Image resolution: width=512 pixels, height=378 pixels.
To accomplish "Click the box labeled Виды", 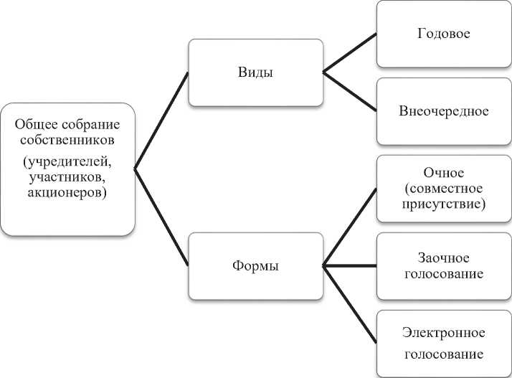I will [255, 72].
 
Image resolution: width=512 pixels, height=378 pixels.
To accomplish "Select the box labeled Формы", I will [255, 265].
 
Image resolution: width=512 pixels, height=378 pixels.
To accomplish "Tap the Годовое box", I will [444, 34].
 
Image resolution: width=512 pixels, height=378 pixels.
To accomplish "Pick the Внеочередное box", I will [444, 111].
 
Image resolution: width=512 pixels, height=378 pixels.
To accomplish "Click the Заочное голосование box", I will [444, 265].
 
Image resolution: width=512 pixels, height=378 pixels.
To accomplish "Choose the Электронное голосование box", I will [444, 343].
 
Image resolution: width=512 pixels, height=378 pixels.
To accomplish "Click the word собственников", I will [67, 140].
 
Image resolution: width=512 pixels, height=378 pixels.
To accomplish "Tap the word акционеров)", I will [67, 193].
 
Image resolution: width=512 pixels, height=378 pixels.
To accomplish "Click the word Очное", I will [444, 173].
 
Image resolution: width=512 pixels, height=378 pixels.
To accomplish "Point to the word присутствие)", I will [444, 204].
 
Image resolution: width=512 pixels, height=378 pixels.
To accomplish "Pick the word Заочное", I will [444, 256].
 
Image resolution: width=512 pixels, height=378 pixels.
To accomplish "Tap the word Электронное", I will [444, 334].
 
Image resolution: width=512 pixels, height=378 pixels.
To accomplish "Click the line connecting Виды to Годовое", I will [350, 52].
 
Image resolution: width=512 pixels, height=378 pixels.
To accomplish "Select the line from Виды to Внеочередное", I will [350, 92].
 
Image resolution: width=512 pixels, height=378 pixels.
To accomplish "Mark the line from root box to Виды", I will [161, 120].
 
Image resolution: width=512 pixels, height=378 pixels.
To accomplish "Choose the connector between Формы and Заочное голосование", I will [350, 265].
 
